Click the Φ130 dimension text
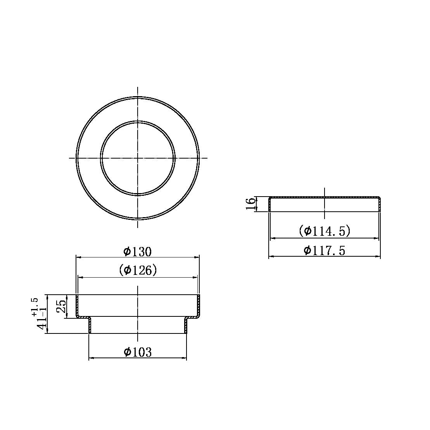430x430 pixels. (137, 252)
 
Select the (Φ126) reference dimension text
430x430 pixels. (138, 270)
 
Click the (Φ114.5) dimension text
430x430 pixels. (325, 231)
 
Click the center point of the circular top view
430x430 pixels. (138, 158)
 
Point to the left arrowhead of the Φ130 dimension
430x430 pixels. (78, 257)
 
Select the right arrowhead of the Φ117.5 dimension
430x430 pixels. (378, 256)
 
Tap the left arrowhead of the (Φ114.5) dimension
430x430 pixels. (272, 238)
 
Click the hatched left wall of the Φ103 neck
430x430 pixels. (90, 326)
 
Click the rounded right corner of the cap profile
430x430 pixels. (379, 199)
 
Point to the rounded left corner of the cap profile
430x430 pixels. (270, 199)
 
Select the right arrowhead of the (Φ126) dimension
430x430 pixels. (196, 277)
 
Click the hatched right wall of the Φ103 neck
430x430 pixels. (186, 326)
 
